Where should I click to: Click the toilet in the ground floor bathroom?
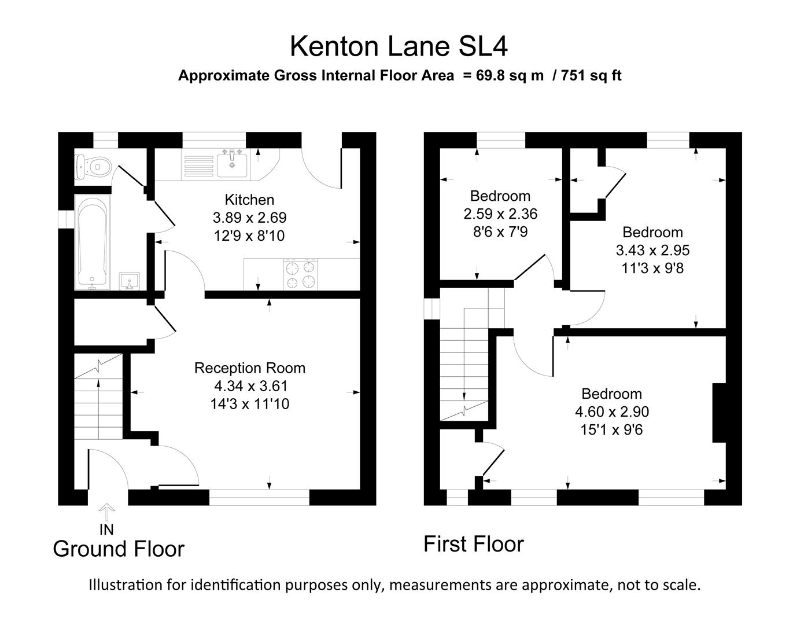click(x=91, y=167)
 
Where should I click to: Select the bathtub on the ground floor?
click(x=93, y=242)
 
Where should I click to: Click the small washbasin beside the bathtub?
click(x=129, y=281)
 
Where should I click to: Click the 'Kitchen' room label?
click(x=249, y=200)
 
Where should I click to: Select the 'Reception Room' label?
click(x=249, y=368)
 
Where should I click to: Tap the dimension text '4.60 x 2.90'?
click(x=611, y=412)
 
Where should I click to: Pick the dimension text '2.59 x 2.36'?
click(x=500, y=214)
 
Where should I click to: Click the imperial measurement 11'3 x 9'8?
click(x=652, y=269)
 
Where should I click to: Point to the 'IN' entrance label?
click(x=106, y=530)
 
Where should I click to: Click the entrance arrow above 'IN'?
click(x=107, y=512)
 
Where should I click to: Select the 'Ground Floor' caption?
click(x=119, y=549)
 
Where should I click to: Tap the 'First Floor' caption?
click(x=473, y=544)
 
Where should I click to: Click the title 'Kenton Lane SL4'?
click(x=399, y=46)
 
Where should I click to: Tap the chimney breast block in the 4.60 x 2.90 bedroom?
click(x=719, y=413)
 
